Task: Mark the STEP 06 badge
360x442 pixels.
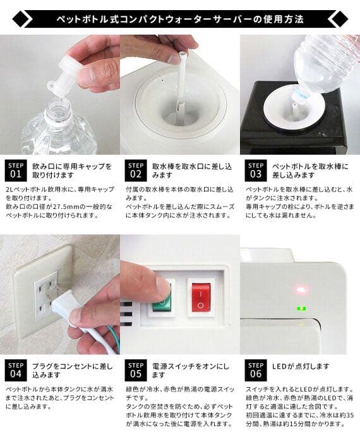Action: click(255, 369)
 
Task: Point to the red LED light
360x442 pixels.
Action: click(301, 291)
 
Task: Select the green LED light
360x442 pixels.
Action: click(301, 309)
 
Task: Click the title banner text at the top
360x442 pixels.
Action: click(180, 18)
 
